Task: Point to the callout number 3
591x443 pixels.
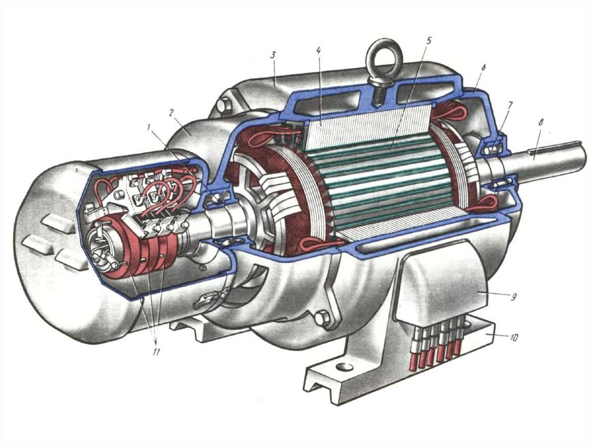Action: click(274, 55)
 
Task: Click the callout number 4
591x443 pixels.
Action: click(319, 50)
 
